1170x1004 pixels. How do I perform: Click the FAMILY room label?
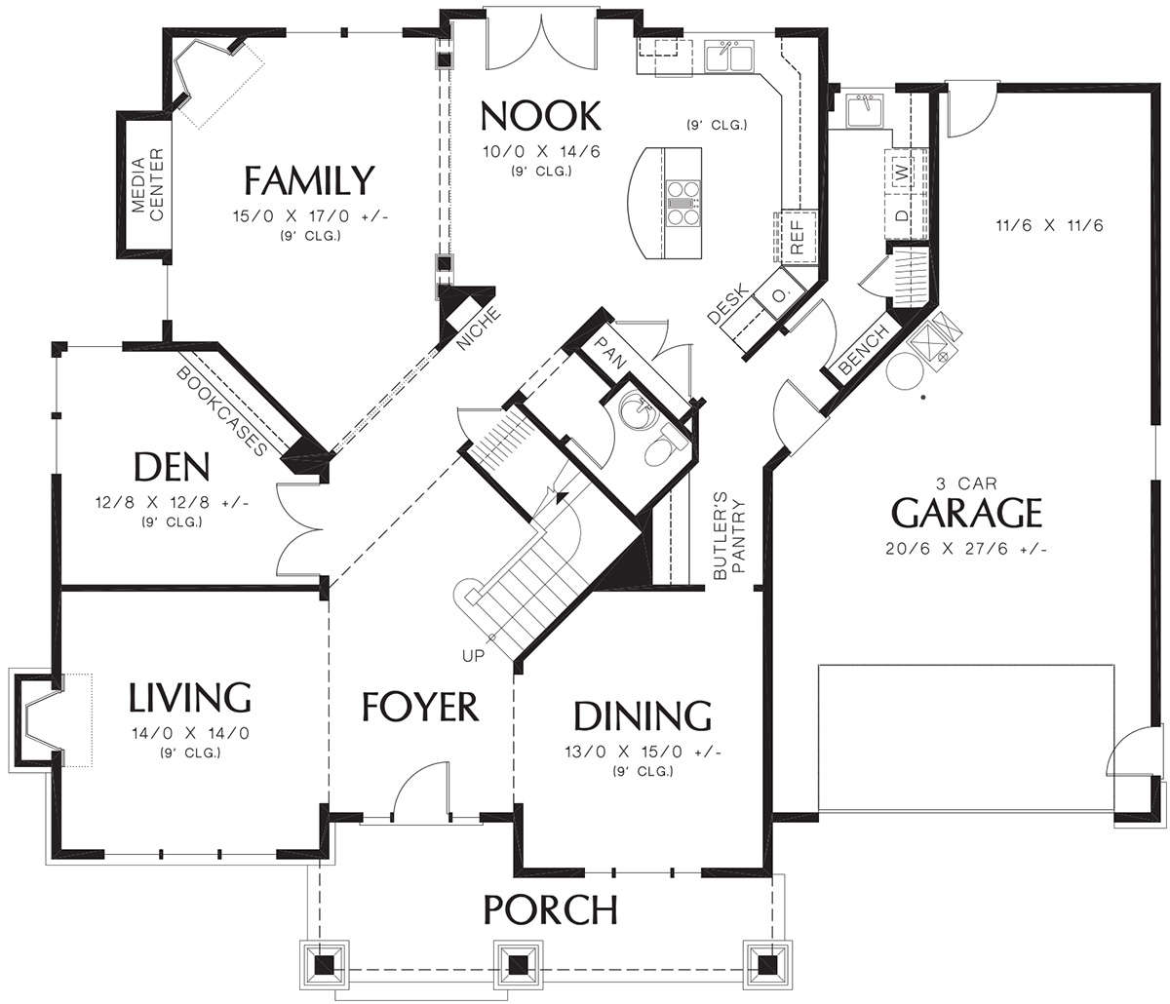coord(309,180)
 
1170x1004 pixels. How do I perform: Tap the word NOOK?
coord(540,116)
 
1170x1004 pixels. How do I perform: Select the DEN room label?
coord(172,467)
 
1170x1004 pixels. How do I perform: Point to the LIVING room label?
coord(189,697)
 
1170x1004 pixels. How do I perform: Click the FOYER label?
coord(420,706)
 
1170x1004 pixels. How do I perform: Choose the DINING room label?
coord(643,715)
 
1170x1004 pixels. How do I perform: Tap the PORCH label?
coord(550,909)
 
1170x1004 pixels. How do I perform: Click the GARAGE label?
coord(966,512)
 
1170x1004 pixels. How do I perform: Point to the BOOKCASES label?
coord(221,411)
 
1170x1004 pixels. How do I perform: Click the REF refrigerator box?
coord(799,238)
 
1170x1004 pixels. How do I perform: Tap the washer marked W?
coord(904,171)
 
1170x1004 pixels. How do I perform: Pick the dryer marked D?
coord(904,215)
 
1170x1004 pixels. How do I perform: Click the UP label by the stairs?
coord(474,655)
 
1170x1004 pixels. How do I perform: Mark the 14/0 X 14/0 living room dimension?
coord(191,733)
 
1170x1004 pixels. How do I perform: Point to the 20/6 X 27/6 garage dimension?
coord(966,549)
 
